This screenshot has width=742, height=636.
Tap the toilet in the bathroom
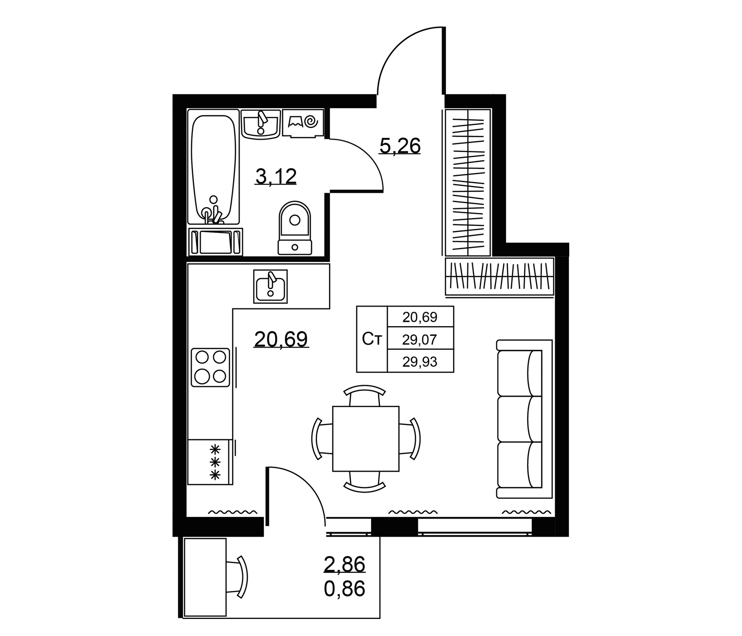[295, 228]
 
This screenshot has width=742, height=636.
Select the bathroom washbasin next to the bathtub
[260, 124]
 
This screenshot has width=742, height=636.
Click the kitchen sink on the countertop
[271, 286]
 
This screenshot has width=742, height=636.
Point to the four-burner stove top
[211, 367]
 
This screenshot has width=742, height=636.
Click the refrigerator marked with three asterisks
[210, 462]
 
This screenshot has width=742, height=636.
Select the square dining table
[366, 439]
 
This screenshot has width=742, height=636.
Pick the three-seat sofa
[524, 419]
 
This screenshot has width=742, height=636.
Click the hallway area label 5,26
[400, 146]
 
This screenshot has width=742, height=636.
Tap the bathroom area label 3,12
[276, 177]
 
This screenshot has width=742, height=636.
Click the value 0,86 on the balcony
[344, 589]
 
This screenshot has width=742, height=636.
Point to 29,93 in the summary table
[420, 362]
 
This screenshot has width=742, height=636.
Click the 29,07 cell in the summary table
[420, 340]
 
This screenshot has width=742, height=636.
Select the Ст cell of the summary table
[372, 339]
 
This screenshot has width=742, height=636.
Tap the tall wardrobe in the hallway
[468, 182]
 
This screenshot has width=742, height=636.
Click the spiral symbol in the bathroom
[311, 122]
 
